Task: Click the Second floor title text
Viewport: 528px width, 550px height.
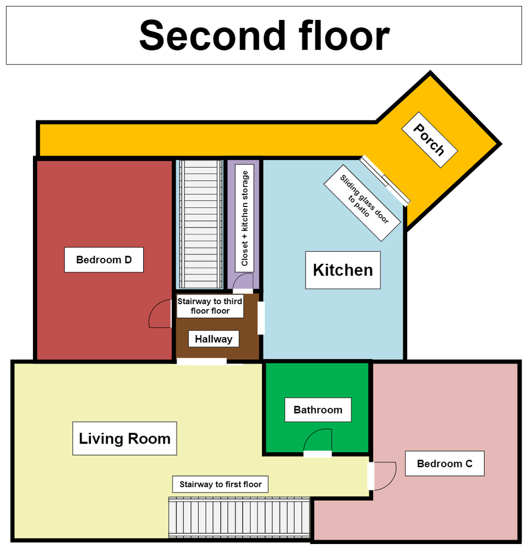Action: click(x=264, y=36)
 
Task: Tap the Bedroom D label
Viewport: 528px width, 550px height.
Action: click(x=104, y=260)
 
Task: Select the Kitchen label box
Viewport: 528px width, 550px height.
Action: click(x=343, y=270)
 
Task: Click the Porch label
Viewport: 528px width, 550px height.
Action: click(x=429, y=139)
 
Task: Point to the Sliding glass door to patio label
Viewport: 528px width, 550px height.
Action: click(x=362, y=203)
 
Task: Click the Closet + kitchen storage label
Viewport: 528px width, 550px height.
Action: click(x=245, y=218)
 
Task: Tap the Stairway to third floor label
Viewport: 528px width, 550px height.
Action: click(x=210, y=306)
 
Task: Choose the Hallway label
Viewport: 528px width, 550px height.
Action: click(x=214, y=339)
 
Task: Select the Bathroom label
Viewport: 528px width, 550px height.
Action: click(x=318, y=410)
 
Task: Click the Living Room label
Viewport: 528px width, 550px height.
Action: click(x=125, y=438)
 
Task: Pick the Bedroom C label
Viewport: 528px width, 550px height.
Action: click(x=445, y=463)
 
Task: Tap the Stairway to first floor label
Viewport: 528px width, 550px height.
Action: click(x=220, y=484)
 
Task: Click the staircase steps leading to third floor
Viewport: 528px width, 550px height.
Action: click(x=201, y=225)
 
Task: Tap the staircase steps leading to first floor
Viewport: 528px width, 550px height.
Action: click(x=239, y=518)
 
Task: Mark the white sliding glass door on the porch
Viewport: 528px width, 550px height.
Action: click(x=384, y=180)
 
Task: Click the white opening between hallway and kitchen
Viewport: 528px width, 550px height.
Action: click(x=261, y=318)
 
